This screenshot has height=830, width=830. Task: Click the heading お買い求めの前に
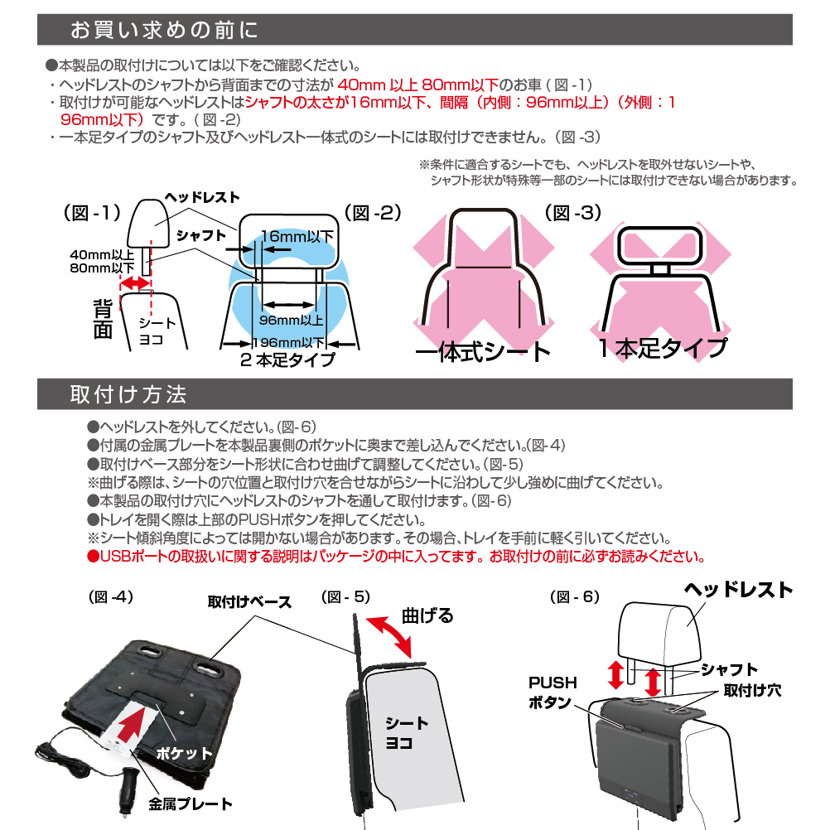click(164, 30)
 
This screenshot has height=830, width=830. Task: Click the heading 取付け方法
click(128, 394)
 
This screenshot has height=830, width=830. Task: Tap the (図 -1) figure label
click(92, 213)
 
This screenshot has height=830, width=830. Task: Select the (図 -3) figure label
click(573, 213)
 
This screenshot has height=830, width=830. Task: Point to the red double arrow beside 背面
click(136, 284)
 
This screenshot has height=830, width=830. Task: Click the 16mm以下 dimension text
click(297, 236)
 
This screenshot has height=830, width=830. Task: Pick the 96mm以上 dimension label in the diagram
click(291, 320)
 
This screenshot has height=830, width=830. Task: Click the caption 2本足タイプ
click(287, 360)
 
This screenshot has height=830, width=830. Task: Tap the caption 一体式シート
click(483, 351)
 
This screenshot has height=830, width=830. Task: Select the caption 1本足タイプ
click(663, 348)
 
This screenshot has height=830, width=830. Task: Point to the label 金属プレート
click(191, 803)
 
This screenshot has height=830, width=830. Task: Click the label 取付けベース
click(249, 602)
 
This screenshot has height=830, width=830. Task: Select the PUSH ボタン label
click(553, 692)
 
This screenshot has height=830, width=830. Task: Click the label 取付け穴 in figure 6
click(752, 690)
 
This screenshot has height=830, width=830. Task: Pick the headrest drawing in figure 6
click(659, 633)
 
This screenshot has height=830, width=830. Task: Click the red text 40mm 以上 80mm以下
click(418, 84)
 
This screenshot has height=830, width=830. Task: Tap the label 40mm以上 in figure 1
click(102, 254)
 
